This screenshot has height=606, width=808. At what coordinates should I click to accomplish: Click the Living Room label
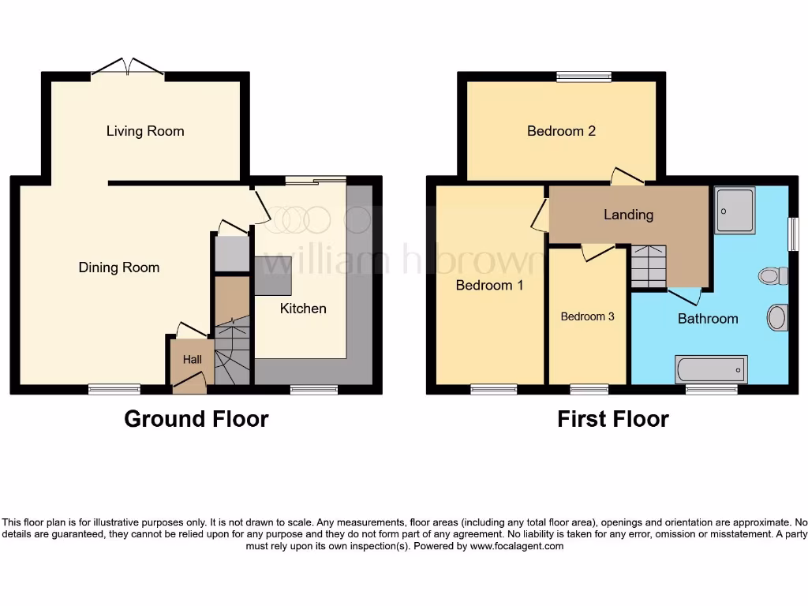point(145,131)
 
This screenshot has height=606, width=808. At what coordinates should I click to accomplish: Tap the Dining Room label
point(119,267)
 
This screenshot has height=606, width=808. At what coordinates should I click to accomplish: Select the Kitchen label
point(303,309)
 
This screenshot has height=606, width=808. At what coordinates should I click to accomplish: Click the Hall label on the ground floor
point(193,360)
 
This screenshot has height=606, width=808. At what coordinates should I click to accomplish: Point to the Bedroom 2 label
point(561,131)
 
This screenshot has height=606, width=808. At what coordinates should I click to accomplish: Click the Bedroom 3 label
point(587,316)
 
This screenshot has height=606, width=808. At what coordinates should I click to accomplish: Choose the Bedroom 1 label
point(489,285)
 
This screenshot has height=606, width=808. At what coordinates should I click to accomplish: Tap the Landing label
point(628,215)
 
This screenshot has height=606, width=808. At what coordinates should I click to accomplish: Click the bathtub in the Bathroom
point(711,368)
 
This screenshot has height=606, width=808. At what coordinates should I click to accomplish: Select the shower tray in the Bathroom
point(735,210)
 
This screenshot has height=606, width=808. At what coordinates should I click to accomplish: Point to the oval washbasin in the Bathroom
point(777,318)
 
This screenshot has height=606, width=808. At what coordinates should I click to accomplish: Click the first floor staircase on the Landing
point(649,267)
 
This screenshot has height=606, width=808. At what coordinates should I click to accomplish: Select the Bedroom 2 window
point(584,77)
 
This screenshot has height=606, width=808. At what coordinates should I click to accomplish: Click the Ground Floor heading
point(196,419)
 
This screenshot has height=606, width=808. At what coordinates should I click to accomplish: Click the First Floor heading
point(612,419)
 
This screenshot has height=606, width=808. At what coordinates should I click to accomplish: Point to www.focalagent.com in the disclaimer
point(517,546)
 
